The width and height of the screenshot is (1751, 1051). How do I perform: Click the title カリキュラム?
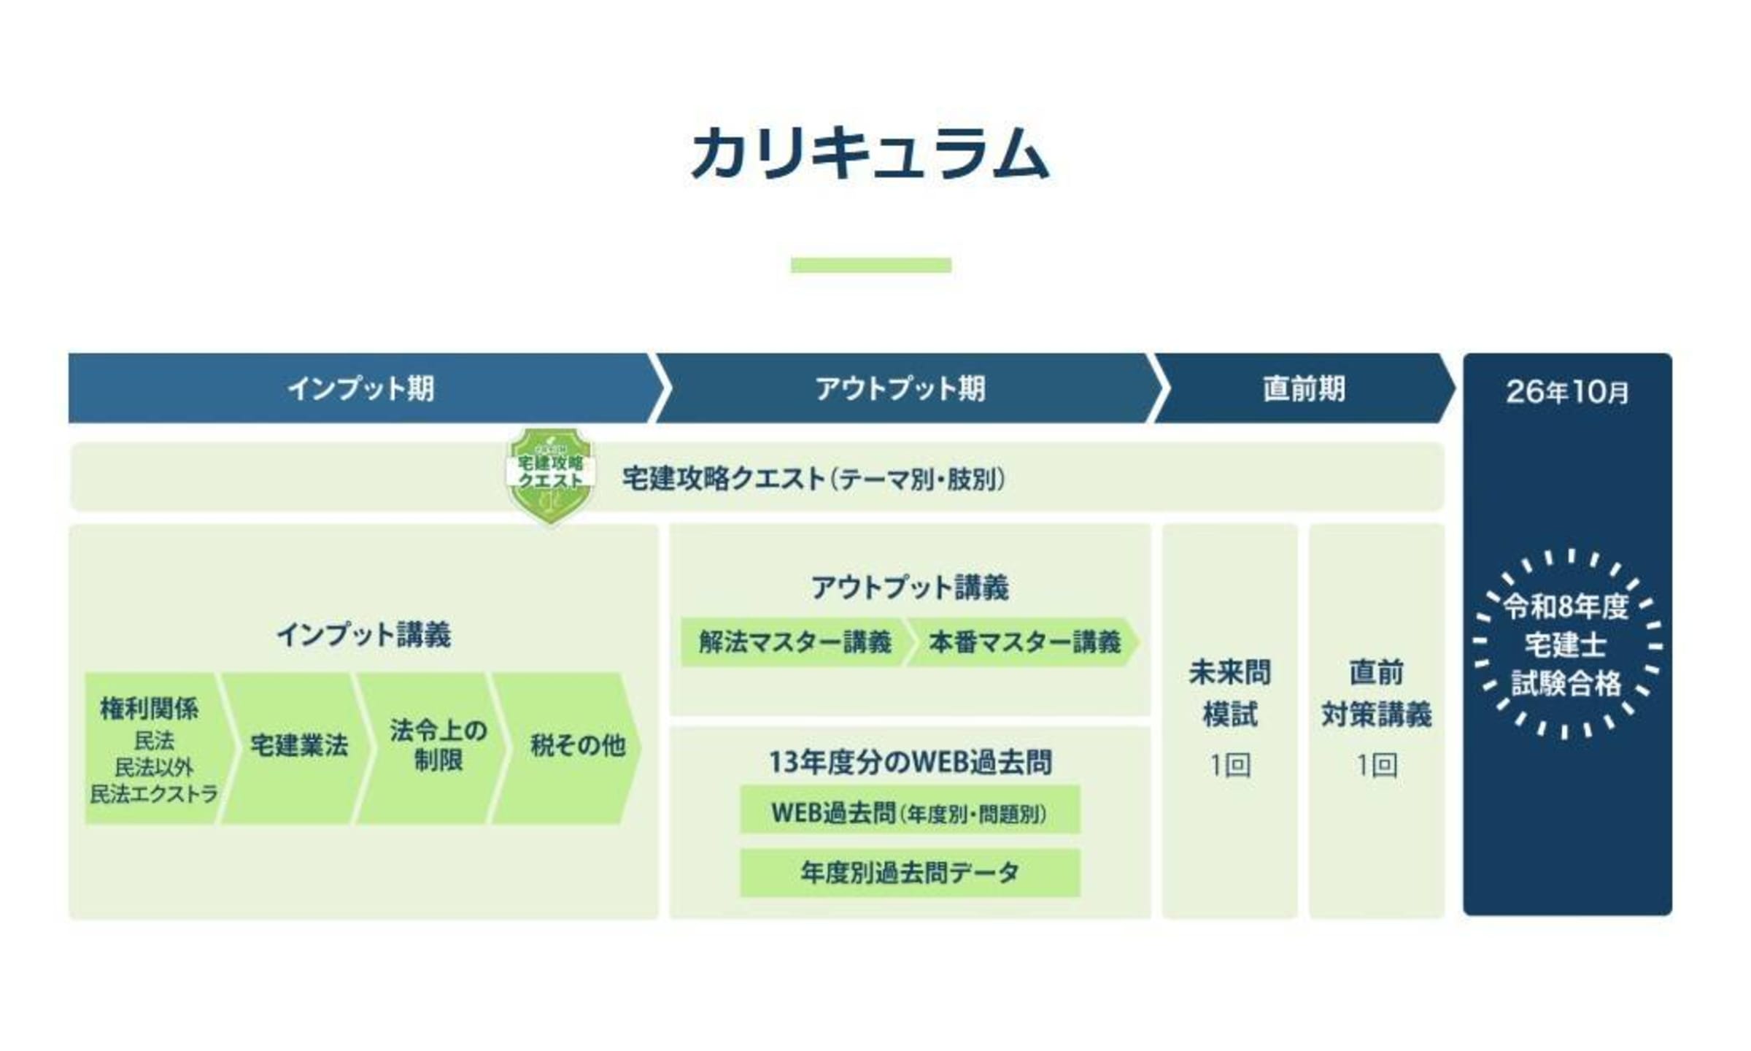click(870, 153)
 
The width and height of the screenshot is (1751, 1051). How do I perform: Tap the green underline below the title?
click(871, 265)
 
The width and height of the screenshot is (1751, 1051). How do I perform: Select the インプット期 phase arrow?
click(365, 388)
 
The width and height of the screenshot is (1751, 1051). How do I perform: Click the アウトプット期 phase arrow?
click(905, 388)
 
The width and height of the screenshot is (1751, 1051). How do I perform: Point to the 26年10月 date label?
click(1567, 392)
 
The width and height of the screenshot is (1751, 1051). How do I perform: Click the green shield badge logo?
click(551, 475)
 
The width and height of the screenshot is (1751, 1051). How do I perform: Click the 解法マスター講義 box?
click(795, 642)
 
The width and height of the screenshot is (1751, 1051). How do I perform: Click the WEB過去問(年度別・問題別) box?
click(910, 809)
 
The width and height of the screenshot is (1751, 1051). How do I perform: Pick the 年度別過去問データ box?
click(910, 872)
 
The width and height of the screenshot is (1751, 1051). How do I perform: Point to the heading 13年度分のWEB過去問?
click(910, 762)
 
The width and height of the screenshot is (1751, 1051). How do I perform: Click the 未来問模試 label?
click(1230, 693)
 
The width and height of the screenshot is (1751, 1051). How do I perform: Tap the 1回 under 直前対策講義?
click(1377, 765)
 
